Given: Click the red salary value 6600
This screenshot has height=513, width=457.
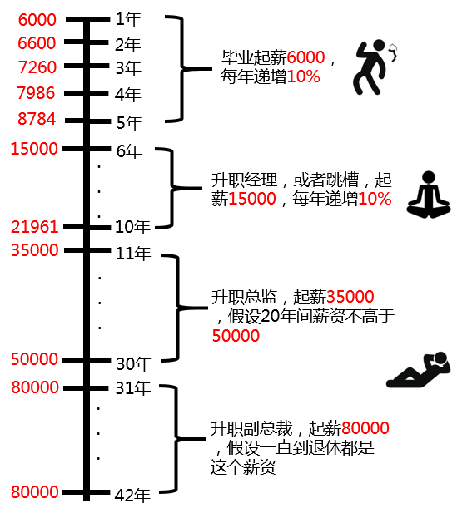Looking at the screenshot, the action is click(37, 43).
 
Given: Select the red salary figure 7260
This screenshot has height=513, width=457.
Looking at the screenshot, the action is click(37, 67).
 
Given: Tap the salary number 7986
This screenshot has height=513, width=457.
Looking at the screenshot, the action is click(36, 93).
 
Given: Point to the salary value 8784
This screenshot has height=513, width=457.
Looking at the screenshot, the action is click(37, 119).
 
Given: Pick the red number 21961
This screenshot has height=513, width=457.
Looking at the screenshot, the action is click(35, 227).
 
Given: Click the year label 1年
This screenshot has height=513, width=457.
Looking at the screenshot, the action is click(128, 19).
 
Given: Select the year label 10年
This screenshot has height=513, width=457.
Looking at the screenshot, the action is click(132, 227).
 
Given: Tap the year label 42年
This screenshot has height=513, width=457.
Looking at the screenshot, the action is click(132, 496).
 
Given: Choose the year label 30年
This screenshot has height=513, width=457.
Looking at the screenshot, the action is click(134, 363).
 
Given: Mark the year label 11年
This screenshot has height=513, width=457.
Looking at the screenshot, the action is click(133, 254).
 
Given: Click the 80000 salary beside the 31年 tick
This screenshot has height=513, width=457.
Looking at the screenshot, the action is click(35, 387).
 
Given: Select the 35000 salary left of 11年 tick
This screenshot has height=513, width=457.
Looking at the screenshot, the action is click(35, 250).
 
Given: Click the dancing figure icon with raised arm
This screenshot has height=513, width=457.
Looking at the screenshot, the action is click(375, 67).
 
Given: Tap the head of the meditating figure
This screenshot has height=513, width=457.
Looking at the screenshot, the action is click(429, 177).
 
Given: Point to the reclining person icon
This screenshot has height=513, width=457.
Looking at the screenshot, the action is click(419, 370).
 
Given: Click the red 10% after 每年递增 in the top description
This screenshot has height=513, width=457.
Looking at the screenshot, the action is click(303, 76).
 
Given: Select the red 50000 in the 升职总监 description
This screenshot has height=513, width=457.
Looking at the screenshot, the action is click(236, 336).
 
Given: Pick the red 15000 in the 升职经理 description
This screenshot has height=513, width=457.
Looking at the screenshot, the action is click(252, 199).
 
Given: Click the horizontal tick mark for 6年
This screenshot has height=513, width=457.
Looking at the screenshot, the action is click(87, 149).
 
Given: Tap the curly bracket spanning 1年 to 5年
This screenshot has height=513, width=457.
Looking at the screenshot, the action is click(182, 69).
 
